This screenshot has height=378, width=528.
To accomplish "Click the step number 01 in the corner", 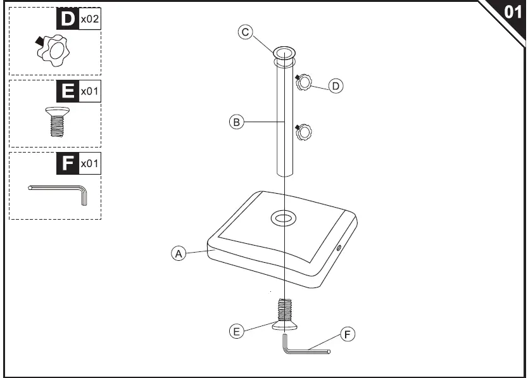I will (512, 13).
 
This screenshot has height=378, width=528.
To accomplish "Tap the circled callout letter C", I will (246, 32).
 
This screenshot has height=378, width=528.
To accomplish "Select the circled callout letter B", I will (236, 122).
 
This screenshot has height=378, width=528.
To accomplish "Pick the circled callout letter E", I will (236, 331).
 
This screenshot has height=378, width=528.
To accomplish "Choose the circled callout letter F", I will (346, 334).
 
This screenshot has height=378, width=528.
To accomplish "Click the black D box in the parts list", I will (66, 19).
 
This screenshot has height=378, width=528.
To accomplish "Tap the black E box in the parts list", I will (66, 91).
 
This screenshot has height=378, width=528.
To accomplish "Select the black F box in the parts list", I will (66, 163).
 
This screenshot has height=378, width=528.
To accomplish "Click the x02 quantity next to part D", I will (89, 20).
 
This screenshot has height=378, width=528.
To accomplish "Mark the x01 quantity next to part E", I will (89, 92).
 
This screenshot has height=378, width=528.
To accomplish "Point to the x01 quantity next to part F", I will (89, 164).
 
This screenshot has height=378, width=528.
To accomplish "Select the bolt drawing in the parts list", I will (57, 120).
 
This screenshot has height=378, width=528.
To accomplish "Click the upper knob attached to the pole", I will (304, 82).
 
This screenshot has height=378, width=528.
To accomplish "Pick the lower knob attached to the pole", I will (304, 132).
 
